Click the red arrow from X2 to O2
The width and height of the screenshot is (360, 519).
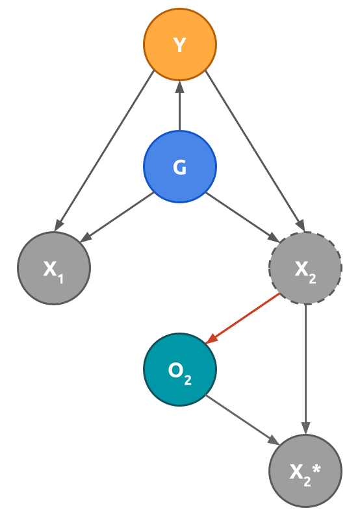coord(244,318)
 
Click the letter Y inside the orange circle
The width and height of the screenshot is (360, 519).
coord(180,45)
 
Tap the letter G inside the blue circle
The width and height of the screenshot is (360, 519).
coord(180,168)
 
